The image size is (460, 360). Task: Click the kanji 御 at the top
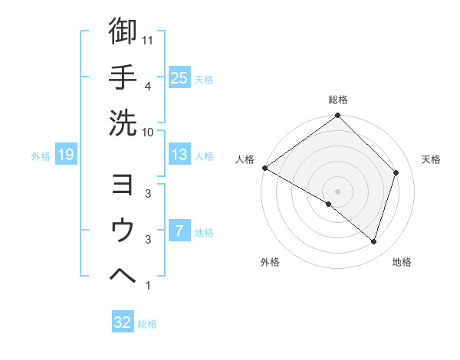(x=123, y=31)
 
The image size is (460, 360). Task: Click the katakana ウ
(x=123, y=231)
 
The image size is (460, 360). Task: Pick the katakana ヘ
(x=123, y=275)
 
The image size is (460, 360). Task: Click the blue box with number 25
(x=179, y=78)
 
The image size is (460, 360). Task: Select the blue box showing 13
(x=179, y=155)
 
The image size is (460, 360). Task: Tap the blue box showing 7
(x=179, y=231)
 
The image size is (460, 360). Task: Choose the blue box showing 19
(x=66, y=155)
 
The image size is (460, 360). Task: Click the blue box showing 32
(x=123, y=322)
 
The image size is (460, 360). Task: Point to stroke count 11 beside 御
(x=148, y=41)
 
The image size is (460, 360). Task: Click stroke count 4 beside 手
(x=148, y=86)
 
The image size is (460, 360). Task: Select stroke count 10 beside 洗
(x=148, y=131)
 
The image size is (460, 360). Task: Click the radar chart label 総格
(x=338, y=100)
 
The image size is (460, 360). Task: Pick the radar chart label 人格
(x=245, y=159)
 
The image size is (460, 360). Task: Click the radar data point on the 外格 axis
(x=329, y=204)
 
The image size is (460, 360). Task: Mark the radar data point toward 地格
(x=374, y=241)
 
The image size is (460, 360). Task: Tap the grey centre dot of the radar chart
(x=337, y=191)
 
